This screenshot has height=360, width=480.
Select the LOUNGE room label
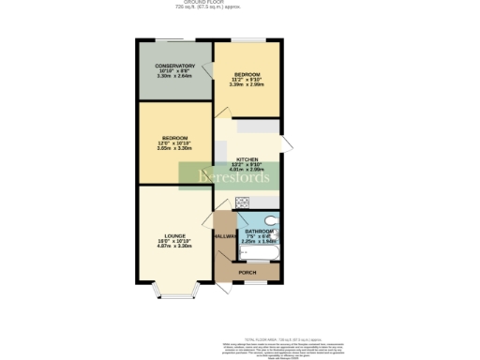click(x=174, y=235)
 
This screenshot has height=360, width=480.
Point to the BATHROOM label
click(x=259, y=231)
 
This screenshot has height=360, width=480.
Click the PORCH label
click(x=247, y=272)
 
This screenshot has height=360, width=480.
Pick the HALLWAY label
click(x=225, y=236)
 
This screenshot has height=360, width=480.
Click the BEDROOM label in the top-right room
click(x=247, y=73)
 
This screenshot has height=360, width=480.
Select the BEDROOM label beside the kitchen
click(x=174, y=138)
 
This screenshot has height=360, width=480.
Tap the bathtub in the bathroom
click(x=261, y=252)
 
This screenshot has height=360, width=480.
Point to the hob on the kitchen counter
click(x=242, y=202)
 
